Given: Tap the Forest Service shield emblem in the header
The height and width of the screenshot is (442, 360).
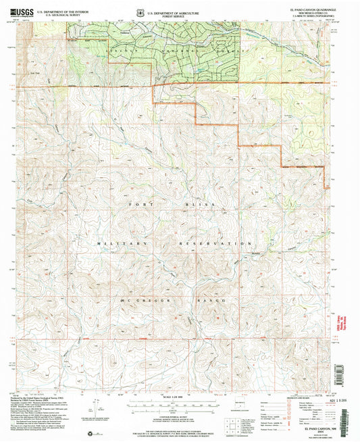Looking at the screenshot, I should pyautogui.click(x=139, y=11).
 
